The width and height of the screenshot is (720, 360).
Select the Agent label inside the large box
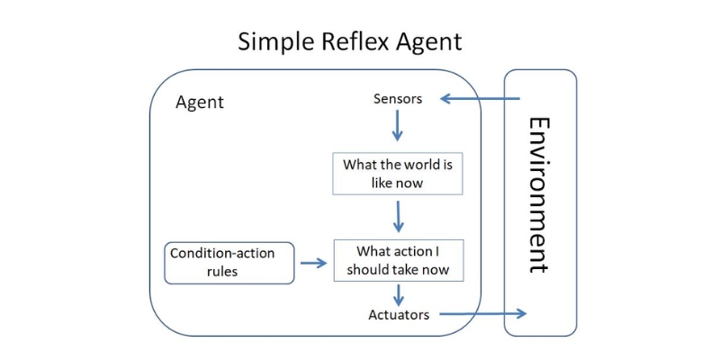(x=199, y=103)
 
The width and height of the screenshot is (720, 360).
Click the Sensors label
(x=397, y=99)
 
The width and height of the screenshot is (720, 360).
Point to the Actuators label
(x=399, y=314)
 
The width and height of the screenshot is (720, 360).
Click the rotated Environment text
(x=539, y=193)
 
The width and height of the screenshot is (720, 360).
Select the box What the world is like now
(x=397, y=174)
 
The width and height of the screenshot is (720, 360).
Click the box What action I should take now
(x=397, y=260)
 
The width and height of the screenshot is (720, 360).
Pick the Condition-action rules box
(x=229, y=262)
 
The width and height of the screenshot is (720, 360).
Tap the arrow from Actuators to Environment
(x=481, y=314)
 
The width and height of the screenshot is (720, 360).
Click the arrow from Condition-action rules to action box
(x=313, y=263)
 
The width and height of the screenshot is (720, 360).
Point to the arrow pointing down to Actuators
(x=398, y=294)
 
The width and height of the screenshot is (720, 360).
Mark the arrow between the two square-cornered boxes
(x=398, y=216)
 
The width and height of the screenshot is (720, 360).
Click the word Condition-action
(x=222, y=253)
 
